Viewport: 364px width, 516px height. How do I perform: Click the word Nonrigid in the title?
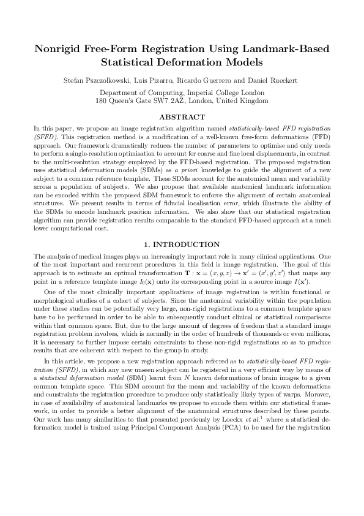(x=59, y=49)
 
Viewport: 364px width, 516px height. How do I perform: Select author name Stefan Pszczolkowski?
(x=100, y=80)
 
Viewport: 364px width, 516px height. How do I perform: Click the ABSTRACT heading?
(x=182, y=116)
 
